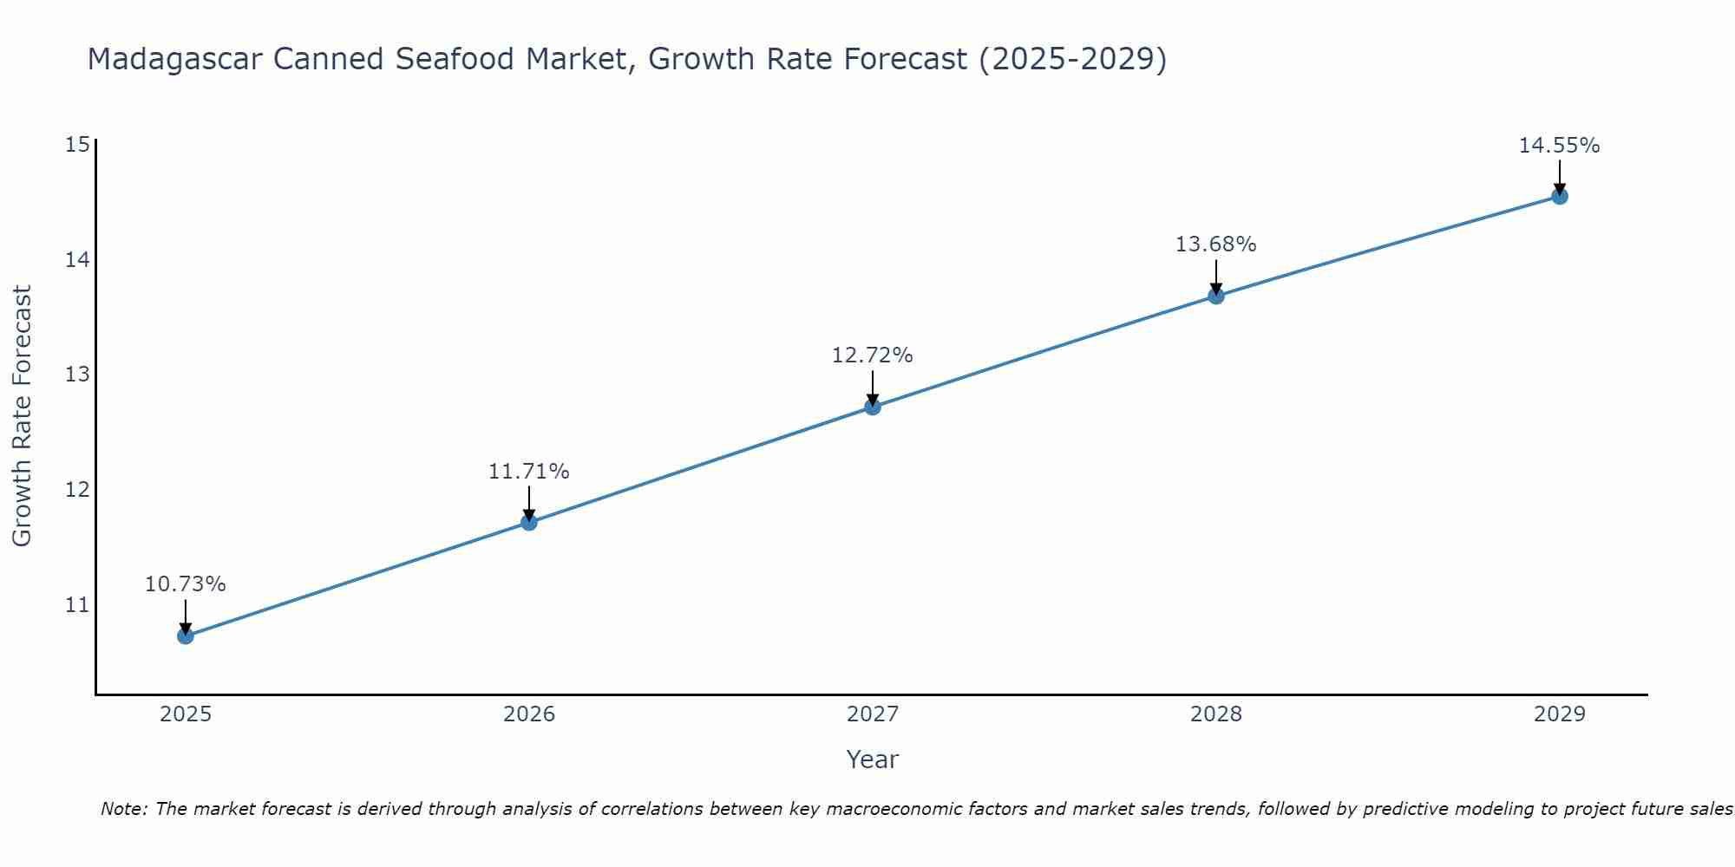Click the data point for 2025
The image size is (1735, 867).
tap(185, 636)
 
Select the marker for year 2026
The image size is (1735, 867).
tap(528, 522)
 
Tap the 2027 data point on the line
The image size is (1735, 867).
tap(872, 407)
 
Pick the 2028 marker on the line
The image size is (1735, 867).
tap(1215, 296)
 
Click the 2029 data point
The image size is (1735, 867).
tap(1559, 196)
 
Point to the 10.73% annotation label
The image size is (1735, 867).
tap(185, 584)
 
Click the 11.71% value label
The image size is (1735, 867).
tap(528, 472)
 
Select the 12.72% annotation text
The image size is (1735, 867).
tap(872, 355)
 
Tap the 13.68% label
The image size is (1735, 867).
tap(1215, 244)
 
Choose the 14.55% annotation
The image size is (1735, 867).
tap(1559, 146)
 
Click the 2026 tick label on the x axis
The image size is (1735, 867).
tap(528, 714)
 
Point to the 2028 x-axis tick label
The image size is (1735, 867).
tap(1215, 714)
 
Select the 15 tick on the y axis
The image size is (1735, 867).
tap(77, 144)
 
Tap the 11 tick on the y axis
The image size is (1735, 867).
tap(77, 604)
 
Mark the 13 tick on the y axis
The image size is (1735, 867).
tap(77, 375)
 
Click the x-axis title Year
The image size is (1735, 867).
tap(872, 759)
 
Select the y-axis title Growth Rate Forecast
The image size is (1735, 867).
tap(22, 416)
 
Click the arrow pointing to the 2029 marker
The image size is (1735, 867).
tap(1559, 178)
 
